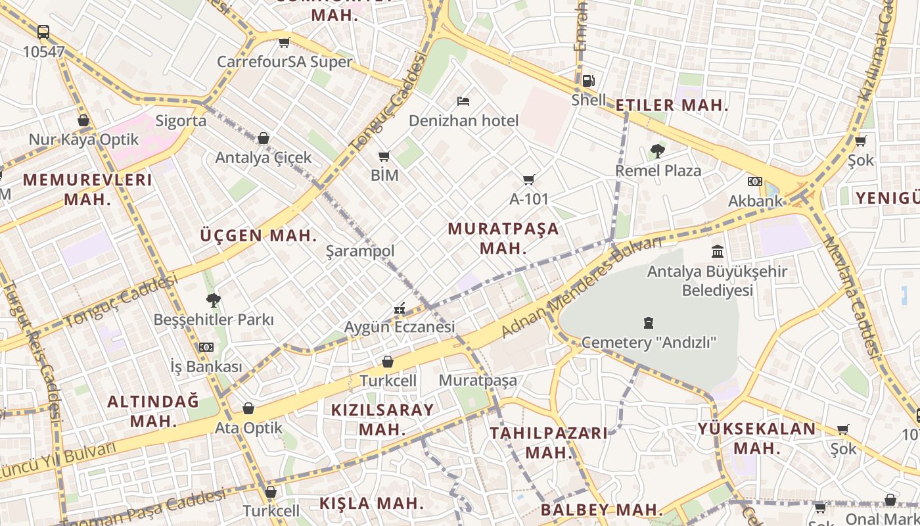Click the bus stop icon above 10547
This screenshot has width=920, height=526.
click(x=43, y=32)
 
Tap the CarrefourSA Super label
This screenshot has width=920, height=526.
click(x=285, y=62)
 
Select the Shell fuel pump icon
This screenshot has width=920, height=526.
click(x=589, y=81)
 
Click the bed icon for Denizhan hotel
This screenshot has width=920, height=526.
click(x=463, y=101)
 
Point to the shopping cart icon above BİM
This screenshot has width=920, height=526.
click(x=384, y=156)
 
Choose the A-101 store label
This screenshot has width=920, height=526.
click(x=529, y=199)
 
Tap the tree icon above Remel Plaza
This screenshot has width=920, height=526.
click(x=657, y=151)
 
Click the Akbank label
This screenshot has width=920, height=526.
click(x=756, y=201)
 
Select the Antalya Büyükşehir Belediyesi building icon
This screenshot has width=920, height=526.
click(x=718, y=251)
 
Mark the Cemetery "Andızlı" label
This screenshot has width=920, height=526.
click(x=649, y=343)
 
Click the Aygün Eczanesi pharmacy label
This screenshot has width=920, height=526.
click(x=400, y=327)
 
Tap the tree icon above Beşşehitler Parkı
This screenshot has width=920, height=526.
click(x=213, y=300)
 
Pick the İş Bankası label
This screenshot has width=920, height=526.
click(x=206, y=366)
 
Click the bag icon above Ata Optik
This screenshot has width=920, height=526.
click(x=248, y=409)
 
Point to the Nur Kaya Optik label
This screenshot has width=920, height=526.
click(x=83, y=139)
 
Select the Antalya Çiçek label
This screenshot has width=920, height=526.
click(x=264, y=158)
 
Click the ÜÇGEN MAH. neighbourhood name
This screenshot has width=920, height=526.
click(x=258, y=235)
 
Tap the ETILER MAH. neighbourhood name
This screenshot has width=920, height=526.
click(x=672, y=105)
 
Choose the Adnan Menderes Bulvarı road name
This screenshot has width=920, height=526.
click(x=582, y=287)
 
